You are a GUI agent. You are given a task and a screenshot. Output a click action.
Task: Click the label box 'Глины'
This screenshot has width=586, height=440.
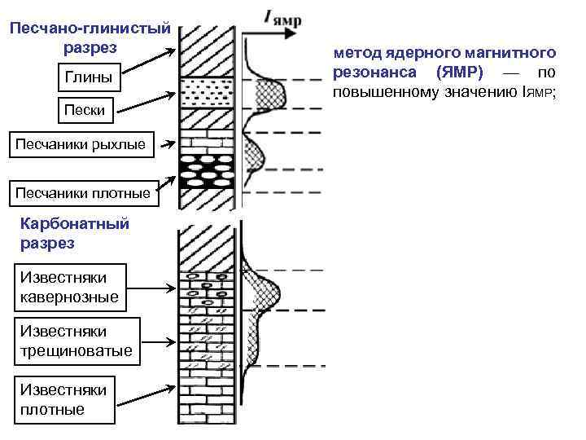[84, 79]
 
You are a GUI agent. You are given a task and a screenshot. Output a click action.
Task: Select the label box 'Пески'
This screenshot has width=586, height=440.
[84, 110]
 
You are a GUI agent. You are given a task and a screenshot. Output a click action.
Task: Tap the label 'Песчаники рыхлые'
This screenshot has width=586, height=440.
[81, 144]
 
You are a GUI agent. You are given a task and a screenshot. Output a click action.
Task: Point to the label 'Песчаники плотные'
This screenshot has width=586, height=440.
[81, 193]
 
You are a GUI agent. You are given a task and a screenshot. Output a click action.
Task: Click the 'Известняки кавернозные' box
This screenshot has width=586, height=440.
[70, 287]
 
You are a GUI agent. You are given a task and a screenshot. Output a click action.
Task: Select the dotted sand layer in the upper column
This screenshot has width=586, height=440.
[208, 93]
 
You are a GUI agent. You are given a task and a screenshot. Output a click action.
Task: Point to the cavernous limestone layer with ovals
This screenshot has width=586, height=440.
[208, 290]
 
